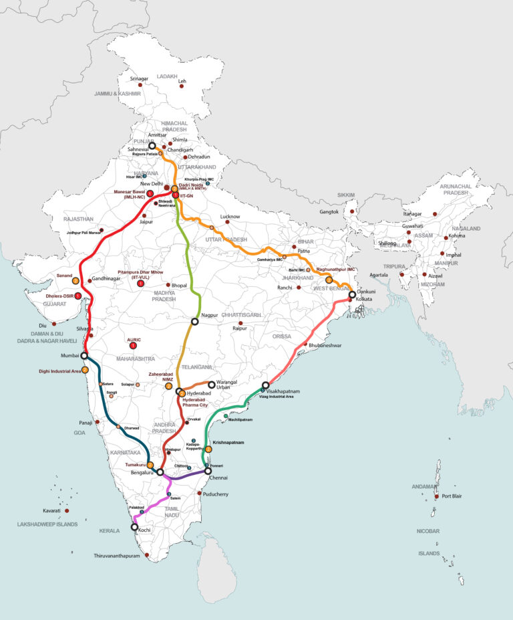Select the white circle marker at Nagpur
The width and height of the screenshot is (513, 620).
coord(195,322)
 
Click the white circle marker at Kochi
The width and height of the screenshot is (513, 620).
coord(136,527)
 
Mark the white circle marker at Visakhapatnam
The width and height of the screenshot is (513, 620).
coord(266,385)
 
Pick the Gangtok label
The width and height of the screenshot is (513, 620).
coord(330,212)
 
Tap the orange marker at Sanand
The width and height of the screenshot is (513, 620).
coord(75,281)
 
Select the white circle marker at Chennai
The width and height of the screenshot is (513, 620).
coord(208,471)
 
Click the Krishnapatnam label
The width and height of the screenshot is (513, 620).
coord(228,443)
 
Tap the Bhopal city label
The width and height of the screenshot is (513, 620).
coord(180,285)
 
